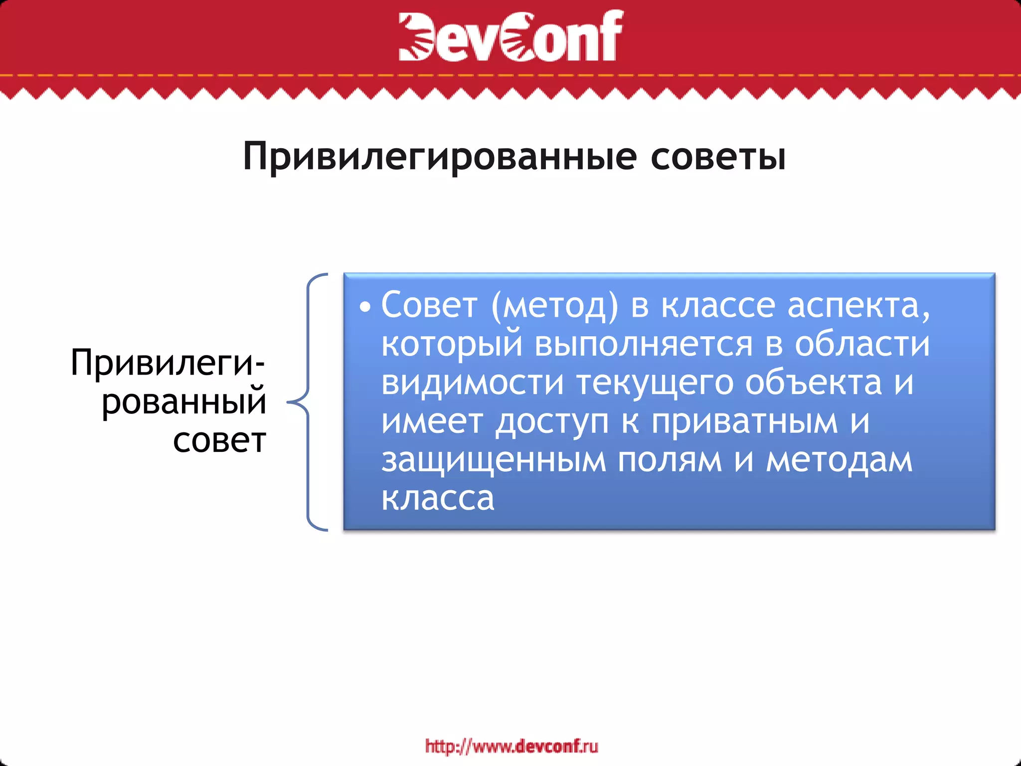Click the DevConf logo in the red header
(x=510, y=36)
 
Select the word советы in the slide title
(x=718, y=157)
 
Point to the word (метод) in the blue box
(x=554, y=305)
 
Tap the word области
(x=862, y=344)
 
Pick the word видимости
(x=473, y=383)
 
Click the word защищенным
(x=494, y=461)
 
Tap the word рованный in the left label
(x=184, y=402)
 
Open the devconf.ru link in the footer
(x=511, y=747)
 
